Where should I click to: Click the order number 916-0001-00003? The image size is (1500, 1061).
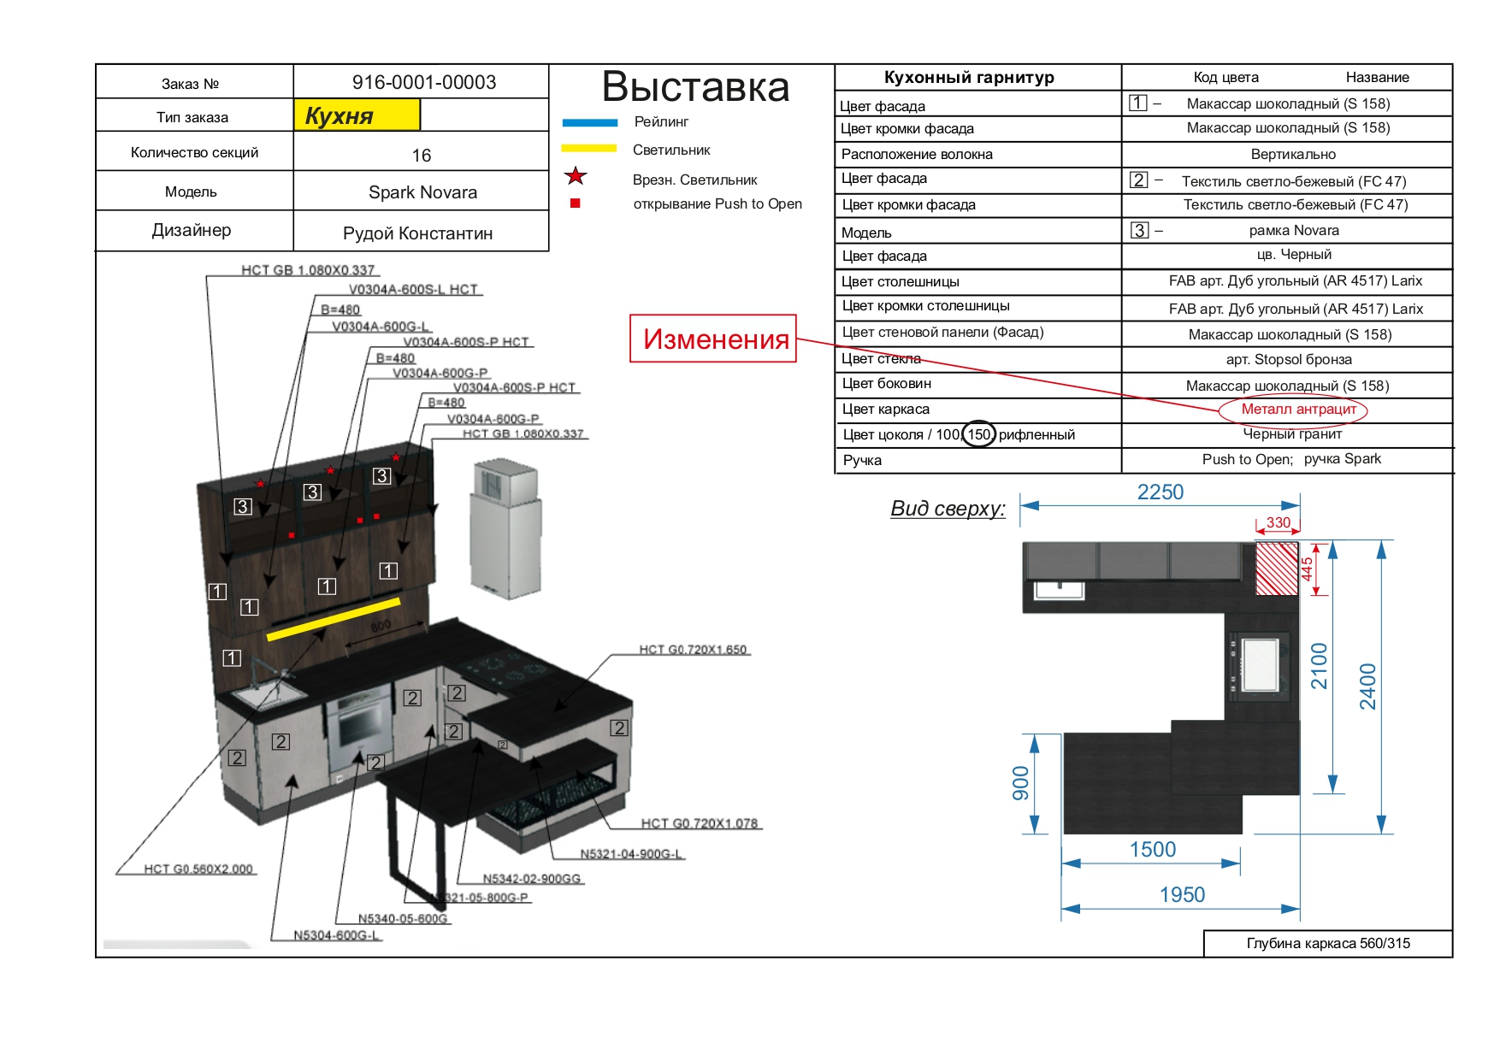click(x=423, y=82)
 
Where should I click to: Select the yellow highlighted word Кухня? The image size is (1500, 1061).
click(x=340, y=115)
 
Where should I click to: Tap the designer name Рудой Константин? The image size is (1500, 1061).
click(x=417, y=233)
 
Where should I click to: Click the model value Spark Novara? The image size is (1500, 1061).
click(x=422, y=192)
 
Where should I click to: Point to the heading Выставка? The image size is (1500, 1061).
click(x=695, y=86)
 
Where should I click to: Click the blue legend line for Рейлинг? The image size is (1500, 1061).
click(x=589, y=122)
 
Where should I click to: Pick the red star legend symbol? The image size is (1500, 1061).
click(x=576, y=177)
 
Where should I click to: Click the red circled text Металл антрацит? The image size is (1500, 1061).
click(x=1297, y=410)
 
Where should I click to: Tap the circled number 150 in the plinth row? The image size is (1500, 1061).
click(x=978, y=434)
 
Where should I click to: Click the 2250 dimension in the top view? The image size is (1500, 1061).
click(x=1160, y=492)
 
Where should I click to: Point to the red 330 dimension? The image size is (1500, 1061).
click(x=1278, y=522)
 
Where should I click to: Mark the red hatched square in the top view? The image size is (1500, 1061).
click(x=1276, y=568)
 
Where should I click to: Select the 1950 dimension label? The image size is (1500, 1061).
click(x=1181, y=895)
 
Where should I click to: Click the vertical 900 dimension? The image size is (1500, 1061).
click(x=1020, y=783)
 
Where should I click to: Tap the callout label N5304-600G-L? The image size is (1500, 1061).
click(x=336, y=935)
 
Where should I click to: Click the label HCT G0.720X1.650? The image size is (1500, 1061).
click(x=693, y=650)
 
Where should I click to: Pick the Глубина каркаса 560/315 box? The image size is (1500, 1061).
click(x=1327, y=943)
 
